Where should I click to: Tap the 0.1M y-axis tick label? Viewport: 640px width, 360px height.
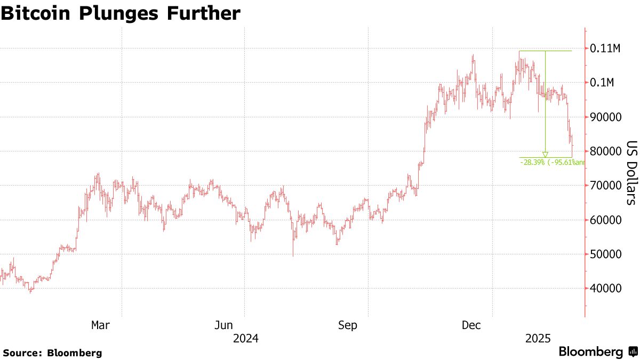click(603, 83)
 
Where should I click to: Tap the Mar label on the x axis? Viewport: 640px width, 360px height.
click(100, 325)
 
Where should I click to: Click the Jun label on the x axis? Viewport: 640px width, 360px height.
click(223, 325)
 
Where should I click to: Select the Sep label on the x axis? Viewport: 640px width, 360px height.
click(347, 325)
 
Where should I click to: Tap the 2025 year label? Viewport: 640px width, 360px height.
click(538, 339)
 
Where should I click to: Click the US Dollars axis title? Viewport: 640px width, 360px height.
click(631, 173)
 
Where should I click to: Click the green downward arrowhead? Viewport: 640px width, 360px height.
click(545, 155)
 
